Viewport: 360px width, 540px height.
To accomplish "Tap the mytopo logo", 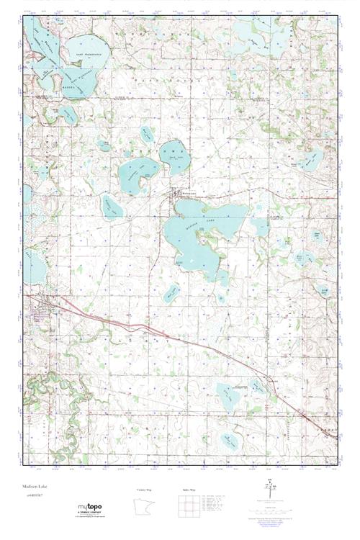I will [94, 508].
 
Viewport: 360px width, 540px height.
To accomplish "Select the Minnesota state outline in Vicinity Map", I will [148, 508].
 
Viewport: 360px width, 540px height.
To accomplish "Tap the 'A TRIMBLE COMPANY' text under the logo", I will [94, 513].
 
